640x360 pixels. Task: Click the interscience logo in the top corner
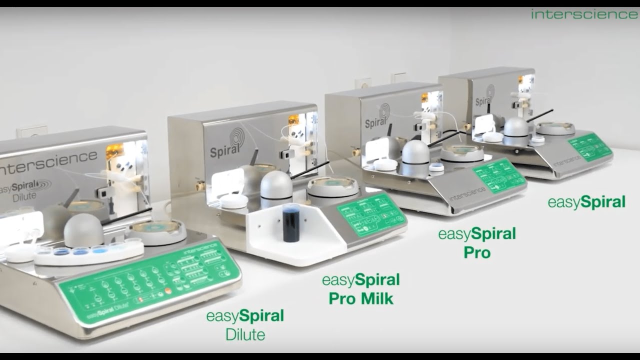pos(584,14)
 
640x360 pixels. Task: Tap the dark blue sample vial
pos(291,223)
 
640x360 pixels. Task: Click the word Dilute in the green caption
pos(245,334)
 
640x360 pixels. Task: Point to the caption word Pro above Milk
pos(340,299)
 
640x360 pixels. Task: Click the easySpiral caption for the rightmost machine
pos(586,202)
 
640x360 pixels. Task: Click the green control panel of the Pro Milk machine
pos(371,214)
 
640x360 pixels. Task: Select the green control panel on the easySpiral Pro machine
pos(498,175)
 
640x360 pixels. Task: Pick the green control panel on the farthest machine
pos(590,146)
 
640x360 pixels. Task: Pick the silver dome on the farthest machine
pos(516,128)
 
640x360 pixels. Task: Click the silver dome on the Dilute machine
pos(83,230)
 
